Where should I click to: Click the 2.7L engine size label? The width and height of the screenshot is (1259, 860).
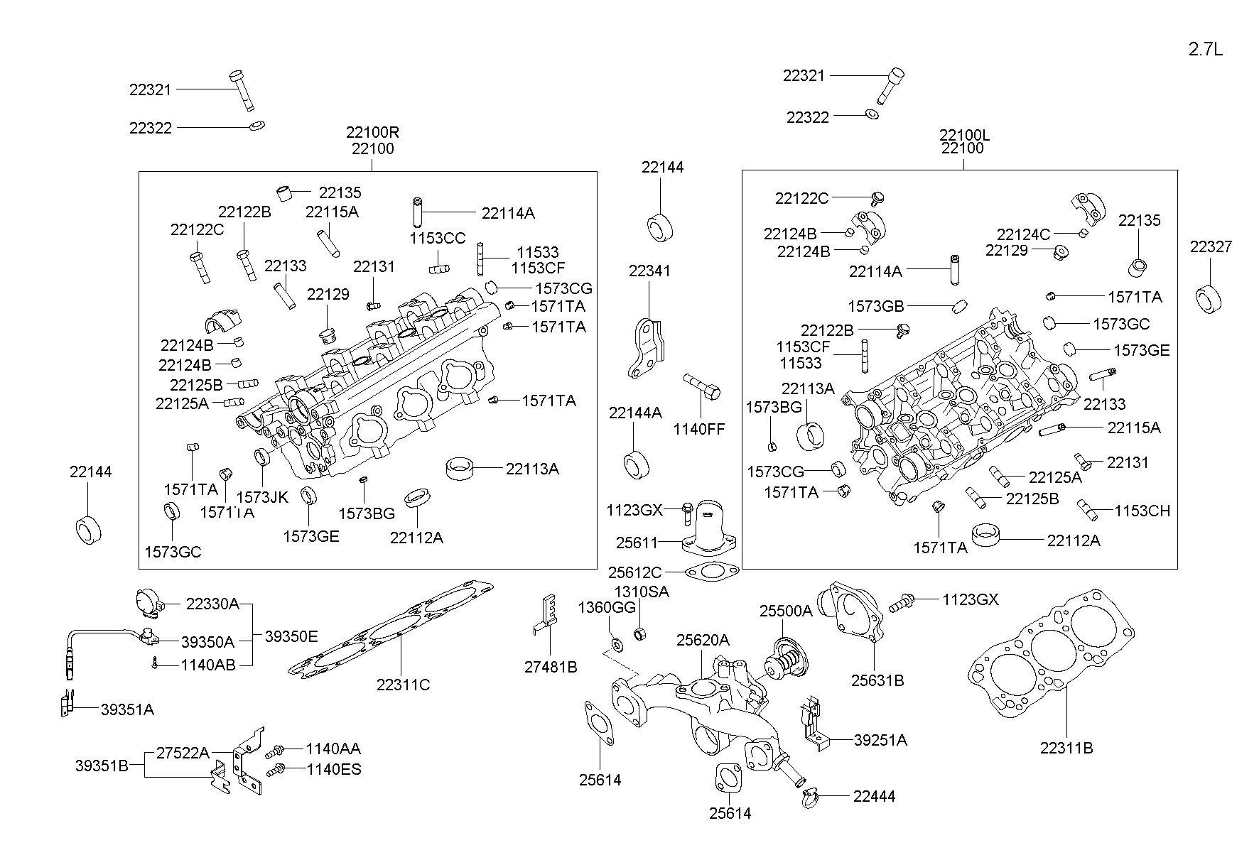(x=1206, y=49)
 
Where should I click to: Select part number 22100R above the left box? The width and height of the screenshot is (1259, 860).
(x=372, y=132)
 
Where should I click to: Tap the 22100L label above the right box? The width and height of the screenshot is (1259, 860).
(x=963, y=134)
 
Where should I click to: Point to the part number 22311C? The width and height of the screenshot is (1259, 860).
(x=403, y=685)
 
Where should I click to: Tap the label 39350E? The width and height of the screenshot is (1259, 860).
(x=291, y=637)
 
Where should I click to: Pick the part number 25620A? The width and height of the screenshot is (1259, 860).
(x=702, y=640)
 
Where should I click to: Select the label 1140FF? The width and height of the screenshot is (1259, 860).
(x=699, y=429)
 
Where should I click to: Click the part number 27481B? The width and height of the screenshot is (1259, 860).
(x=551, y=667)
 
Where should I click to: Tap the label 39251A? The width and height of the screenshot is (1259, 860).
(x=880, y=740)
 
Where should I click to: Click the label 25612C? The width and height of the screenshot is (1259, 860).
(x=634, y=572)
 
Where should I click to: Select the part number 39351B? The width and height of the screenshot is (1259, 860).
(x=102, y=766)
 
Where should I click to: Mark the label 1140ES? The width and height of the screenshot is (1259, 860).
(x=333, y=769)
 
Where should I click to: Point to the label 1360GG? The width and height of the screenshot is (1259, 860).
(x=606, y=607)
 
